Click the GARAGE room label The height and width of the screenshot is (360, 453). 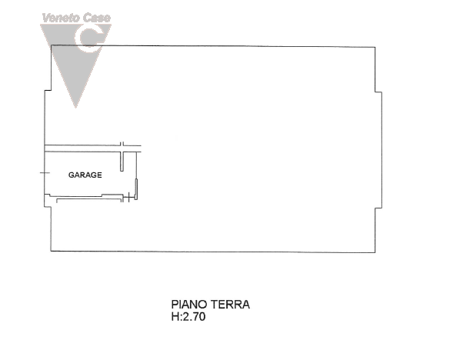click(x=85, y=175)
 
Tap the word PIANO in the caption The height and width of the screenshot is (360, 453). click(x=189, y=305)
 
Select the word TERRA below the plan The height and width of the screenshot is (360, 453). click(x=230, y=305)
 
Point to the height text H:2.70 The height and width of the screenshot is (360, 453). click(x=188, y=317)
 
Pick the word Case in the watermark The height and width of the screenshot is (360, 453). click(x=97, y=18)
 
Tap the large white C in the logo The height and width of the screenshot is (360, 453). click(x=88, y=38)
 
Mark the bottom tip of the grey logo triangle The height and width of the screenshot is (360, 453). click(x=75, y=108)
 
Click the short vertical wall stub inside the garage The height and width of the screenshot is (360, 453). click(x=122, y=162)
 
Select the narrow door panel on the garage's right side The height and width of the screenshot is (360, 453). click(x=136, y=189)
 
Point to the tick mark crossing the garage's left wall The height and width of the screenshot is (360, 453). click(x=45, y=173)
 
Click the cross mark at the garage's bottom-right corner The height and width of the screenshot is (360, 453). click(x=128, y=198)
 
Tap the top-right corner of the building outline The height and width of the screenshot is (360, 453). click(x=375, y=47)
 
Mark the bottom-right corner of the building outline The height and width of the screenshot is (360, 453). click(x=375, y=252)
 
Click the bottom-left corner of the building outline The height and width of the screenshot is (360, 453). click(x=51, y=251)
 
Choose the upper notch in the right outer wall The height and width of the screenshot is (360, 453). click(x=378, y=92)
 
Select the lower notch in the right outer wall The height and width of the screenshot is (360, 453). click(x=378, y=208)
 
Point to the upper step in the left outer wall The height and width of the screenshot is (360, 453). click(x=48, y=91)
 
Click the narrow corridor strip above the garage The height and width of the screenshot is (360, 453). click(x=92, y=148)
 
